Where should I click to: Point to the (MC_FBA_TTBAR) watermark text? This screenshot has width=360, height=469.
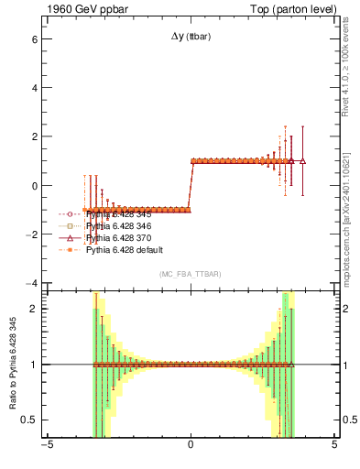click(x=190, y=274)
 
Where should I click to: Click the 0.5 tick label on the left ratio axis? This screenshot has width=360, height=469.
click(x=27, y=420)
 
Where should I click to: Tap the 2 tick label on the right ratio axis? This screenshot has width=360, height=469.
click(x=347, y=309)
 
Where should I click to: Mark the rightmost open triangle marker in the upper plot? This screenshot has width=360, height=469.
click(x=302, y=160)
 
